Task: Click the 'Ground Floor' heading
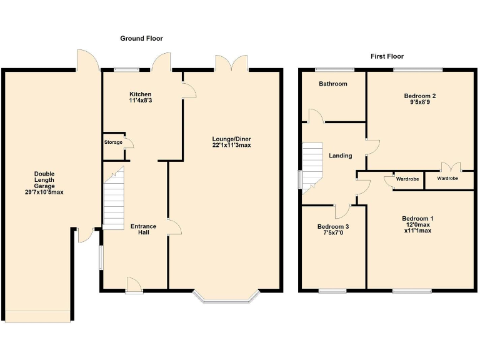141,39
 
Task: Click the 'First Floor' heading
387,56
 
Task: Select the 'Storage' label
113,142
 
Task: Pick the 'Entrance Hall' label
143,229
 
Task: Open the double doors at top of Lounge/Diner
231,63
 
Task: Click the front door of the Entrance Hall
133,285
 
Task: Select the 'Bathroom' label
332,84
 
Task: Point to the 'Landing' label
341,156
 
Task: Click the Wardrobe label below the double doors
447,179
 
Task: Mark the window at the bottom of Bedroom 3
332,290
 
